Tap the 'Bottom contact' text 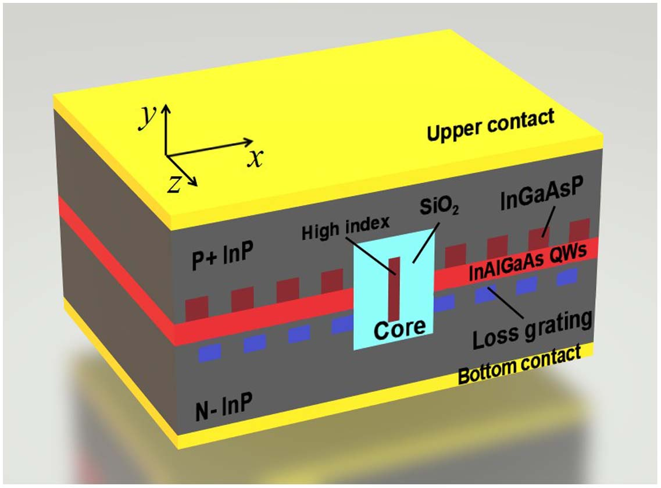[x=519, y=365]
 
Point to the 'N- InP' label [x=223, y=405]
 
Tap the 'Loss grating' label [x=531, y=329]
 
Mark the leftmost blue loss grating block [x=210, y=352]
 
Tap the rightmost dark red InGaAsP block [x=580, y=228]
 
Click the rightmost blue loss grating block [x=566, y=277]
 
